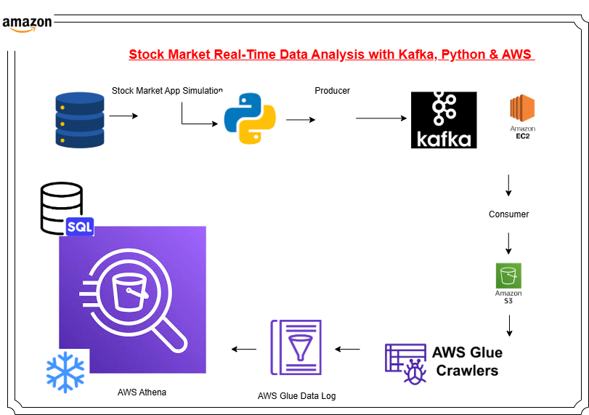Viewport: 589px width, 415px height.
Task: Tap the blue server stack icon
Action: coord(79,120)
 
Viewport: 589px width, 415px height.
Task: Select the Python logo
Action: coord(249,118)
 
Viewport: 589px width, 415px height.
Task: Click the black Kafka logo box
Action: coord(444,120)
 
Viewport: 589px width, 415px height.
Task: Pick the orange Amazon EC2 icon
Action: coord(522,109)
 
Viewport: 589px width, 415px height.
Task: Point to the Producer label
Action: coord(332,91)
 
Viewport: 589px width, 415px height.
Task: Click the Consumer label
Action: coord(508,214)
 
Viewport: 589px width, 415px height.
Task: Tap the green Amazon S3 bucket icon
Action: coord(508,276)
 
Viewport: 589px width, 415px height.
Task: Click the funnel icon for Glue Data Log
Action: coord(296,347)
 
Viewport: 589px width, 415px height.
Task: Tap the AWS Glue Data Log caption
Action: coord(296,396)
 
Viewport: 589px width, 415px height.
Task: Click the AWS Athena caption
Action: coord(142,392)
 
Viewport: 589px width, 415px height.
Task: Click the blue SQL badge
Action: coord(79,227)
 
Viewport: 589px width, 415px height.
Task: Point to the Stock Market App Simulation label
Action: coord(167,91)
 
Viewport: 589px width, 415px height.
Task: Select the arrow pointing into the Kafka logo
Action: coord(381,118)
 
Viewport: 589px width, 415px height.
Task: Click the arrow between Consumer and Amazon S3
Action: coord(508,243)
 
